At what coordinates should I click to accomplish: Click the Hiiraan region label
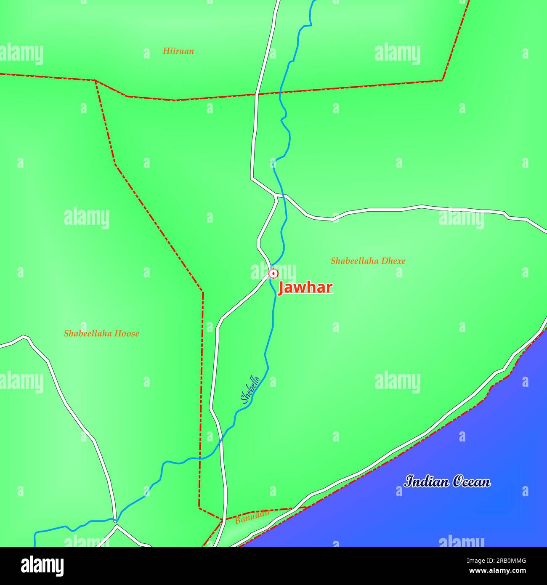coord(178,51)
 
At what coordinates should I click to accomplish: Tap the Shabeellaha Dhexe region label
coord(368,261)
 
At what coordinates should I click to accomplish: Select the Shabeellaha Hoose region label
coord(101,334)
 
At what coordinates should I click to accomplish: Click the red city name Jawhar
coord(305,287)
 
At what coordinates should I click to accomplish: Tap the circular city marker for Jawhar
coord(273,274)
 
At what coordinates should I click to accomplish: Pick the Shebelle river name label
coord(250,389)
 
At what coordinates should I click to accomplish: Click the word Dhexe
coord(394,261)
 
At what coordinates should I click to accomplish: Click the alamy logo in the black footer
coord(43,566)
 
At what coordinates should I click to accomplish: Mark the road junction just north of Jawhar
coord(276,196)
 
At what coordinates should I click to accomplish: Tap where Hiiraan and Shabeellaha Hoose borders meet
coord(96,80)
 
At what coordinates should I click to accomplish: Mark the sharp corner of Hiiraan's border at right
coord(442,80)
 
